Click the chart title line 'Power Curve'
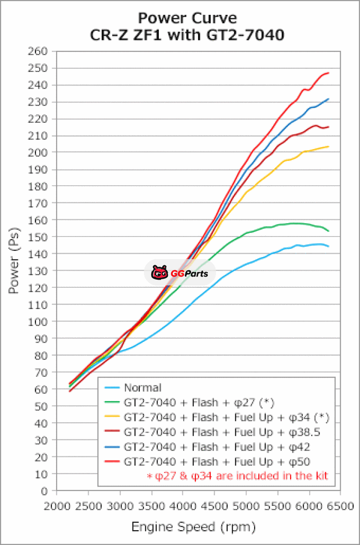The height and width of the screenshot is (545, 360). point(187,18)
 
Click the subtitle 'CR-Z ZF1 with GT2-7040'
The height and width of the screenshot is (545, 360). point(187,35)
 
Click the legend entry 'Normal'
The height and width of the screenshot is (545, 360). point(142,388)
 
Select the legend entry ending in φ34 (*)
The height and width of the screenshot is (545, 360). point(227,417)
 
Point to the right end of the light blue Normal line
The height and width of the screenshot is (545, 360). point(328,246)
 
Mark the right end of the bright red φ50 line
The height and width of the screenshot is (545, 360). point(328,73)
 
